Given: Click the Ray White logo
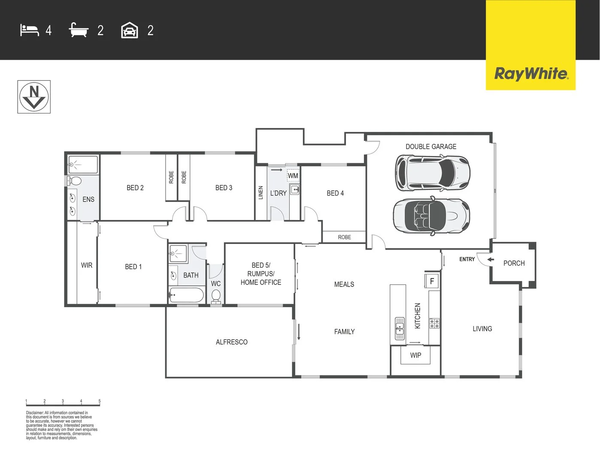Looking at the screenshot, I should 531,73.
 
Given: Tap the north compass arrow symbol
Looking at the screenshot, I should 34,97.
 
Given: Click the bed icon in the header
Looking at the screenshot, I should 29,31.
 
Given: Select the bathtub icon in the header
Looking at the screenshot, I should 79,31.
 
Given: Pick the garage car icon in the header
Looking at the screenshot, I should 130,31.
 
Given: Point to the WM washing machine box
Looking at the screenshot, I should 293,175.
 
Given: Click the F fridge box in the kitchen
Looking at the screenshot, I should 432,281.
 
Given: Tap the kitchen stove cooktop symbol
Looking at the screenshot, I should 434,324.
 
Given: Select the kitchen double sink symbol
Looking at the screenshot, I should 400,328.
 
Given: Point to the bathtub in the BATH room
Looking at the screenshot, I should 186,295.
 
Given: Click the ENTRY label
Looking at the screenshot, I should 467,259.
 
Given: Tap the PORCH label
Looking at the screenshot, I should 514,263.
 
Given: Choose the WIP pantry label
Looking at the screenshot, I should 415,355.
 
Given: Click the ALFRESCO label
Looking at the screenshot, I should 231,342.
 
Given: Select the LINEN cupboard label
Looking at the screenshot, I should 261,192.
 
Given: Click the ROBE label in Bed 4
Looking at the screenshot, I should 344,237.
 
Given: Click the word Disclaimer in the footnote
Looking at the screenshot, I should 34,413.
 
